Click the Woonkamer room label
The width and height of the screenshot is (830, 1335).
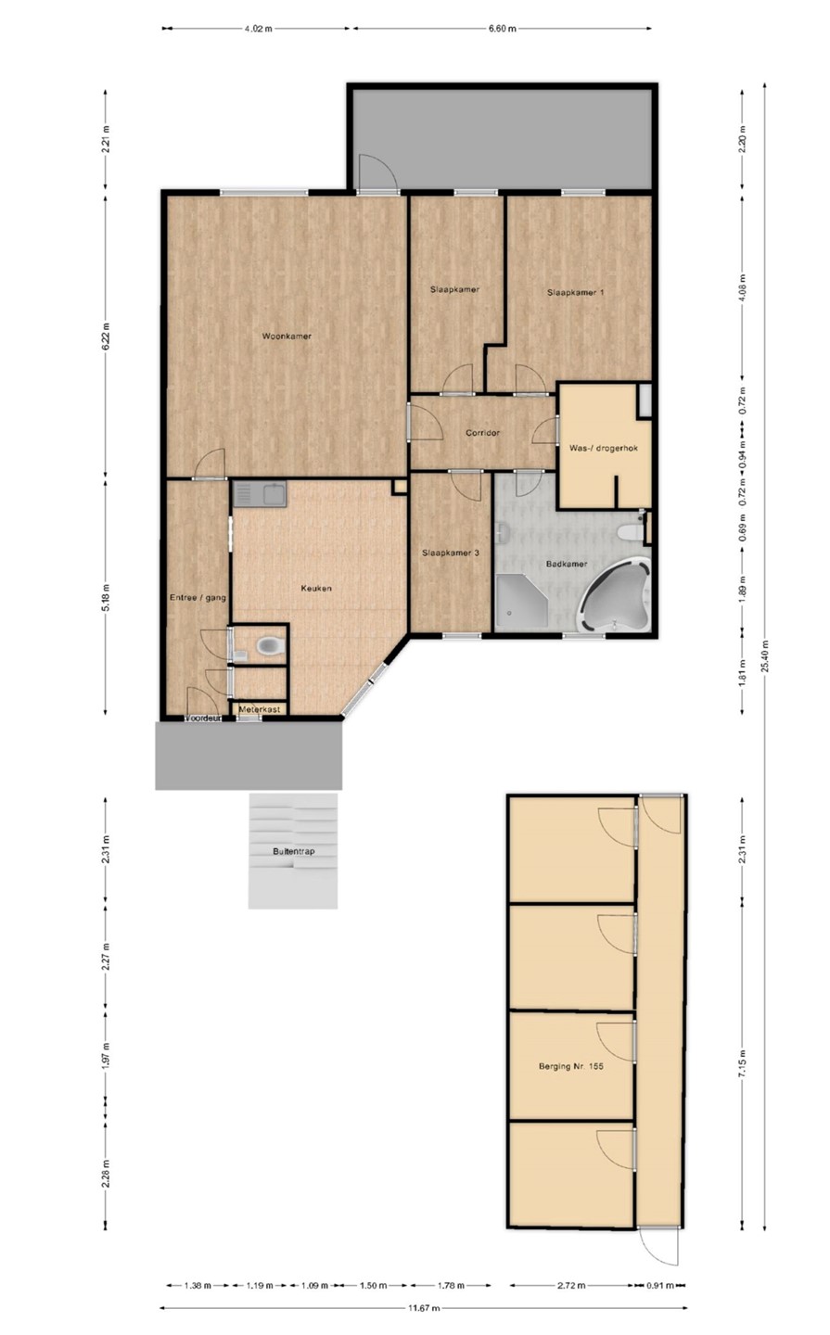(287, 337)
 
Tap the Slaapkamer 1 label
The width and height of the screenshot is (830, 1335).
(575, 293)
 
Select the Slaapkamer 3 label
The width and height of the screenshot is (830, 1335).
(451, 553)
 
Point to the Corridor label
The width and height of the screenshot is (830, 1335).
(483, 433)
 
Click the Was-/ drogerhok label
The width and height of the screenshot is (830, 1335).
(604, 448)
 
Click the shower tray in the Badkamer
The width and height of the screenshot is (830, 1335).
(522, 601)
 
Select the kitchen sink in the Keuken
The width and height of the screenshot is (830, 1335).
(260, 494)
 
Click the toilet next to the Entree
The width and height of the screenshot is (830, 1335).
(270, 644)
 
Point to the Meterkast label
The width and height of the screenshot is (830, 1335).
(260, 709)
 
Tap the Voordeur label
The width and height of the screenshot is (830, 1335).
(203, 718)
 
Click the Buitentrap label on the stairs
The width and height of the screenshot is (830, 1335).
(294, 852)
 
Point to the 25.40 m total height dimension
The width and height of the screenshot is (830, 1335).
(765, 656)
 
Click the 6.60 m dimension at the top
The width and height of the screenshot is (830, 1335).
(502, 28)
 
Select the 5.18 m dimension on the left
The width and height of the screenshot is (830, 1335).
(106, 597)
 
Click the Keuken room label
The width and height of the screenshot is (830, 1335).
(316, 588)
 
